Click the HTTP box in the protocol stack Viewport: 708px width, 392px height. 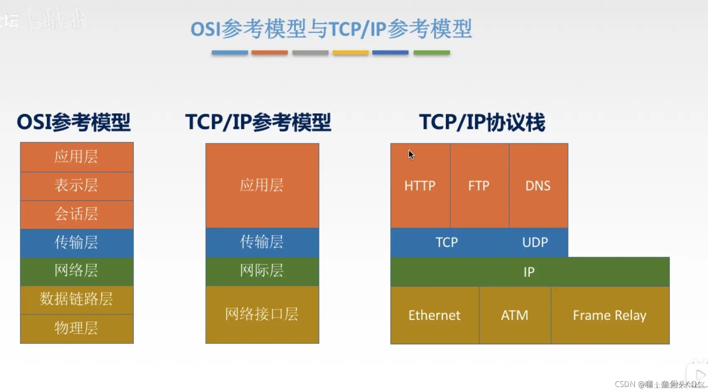[420, 185]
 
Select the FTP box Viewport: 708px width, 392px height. [479, 185]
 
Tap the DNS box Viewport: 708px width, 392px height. [538, 185]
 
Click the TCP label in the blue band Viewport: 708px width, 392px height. [447, 242]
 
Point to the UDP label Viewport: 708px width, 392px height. [535, 242]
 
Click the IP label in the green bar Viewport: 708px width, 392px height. [529, 272]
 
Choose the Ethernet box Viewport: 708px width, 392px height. [435, 315]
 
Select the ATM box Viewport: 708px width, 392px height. [515, 315]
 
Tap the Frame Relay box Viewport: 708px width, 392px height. [610, 315]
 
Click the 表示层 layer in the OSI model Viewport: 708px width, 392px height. [76, 185]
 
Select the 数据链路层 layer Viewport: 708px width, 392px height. [76, 299]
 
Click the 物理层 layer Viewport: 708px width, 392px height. [76, 328]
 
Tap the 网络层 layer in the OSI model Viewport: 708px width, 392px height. [76, 271]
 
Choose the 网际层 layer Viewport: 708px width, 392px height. [262, 271]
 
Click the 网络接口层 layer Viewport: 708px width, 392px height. [262, 314]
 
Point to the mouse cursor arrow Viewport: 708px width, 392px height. [411, 155]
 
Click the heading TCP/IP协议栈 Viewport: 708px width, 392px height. [482, 122]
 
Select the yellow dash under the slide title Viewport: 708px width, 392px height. [350, 53]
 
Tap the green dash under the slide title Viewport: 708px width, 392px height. [432, 53]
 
